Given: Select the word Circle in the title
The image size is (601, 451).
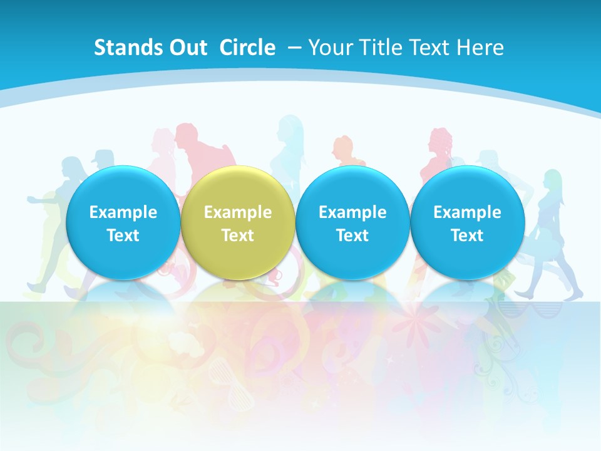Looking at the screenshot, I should pyautogui.click(x=247, y=48).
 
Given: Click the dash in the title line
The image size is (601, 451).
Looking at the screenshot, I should pyautogui.click(x=294, y=48).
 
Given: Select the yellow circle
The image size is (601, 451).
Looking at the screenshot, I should pyautogui.click(x=237, y=222).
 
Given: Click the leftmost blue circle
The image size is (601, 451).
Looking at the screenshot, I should pyautogui.click(x=123, y=222).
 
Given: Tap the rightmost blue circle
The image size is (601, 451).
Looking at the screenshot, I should pyautogui.click(x=467, y=222).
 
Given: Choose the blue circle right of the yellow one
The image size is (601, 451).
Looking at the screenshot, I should pyautogui.click(x=352, y=222).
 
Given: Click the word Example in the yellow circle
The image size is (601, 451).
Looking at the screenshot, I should pyautogui.click(x=238, y=212).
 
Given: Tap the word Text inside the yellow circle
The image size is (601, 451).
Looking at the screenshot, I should pyautogui.click(x=238, y=236).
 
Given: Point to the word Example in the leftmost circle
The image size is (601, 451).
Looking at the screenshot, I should pyautogui.click(x=123, y=212).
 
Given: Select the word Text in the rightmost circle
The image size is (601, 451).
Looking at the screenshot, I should pyautogui.click(x=468, y=236).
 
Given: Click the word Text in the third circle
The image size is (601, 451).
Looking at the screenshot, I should pyautogui.click(x=352, y=236).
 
